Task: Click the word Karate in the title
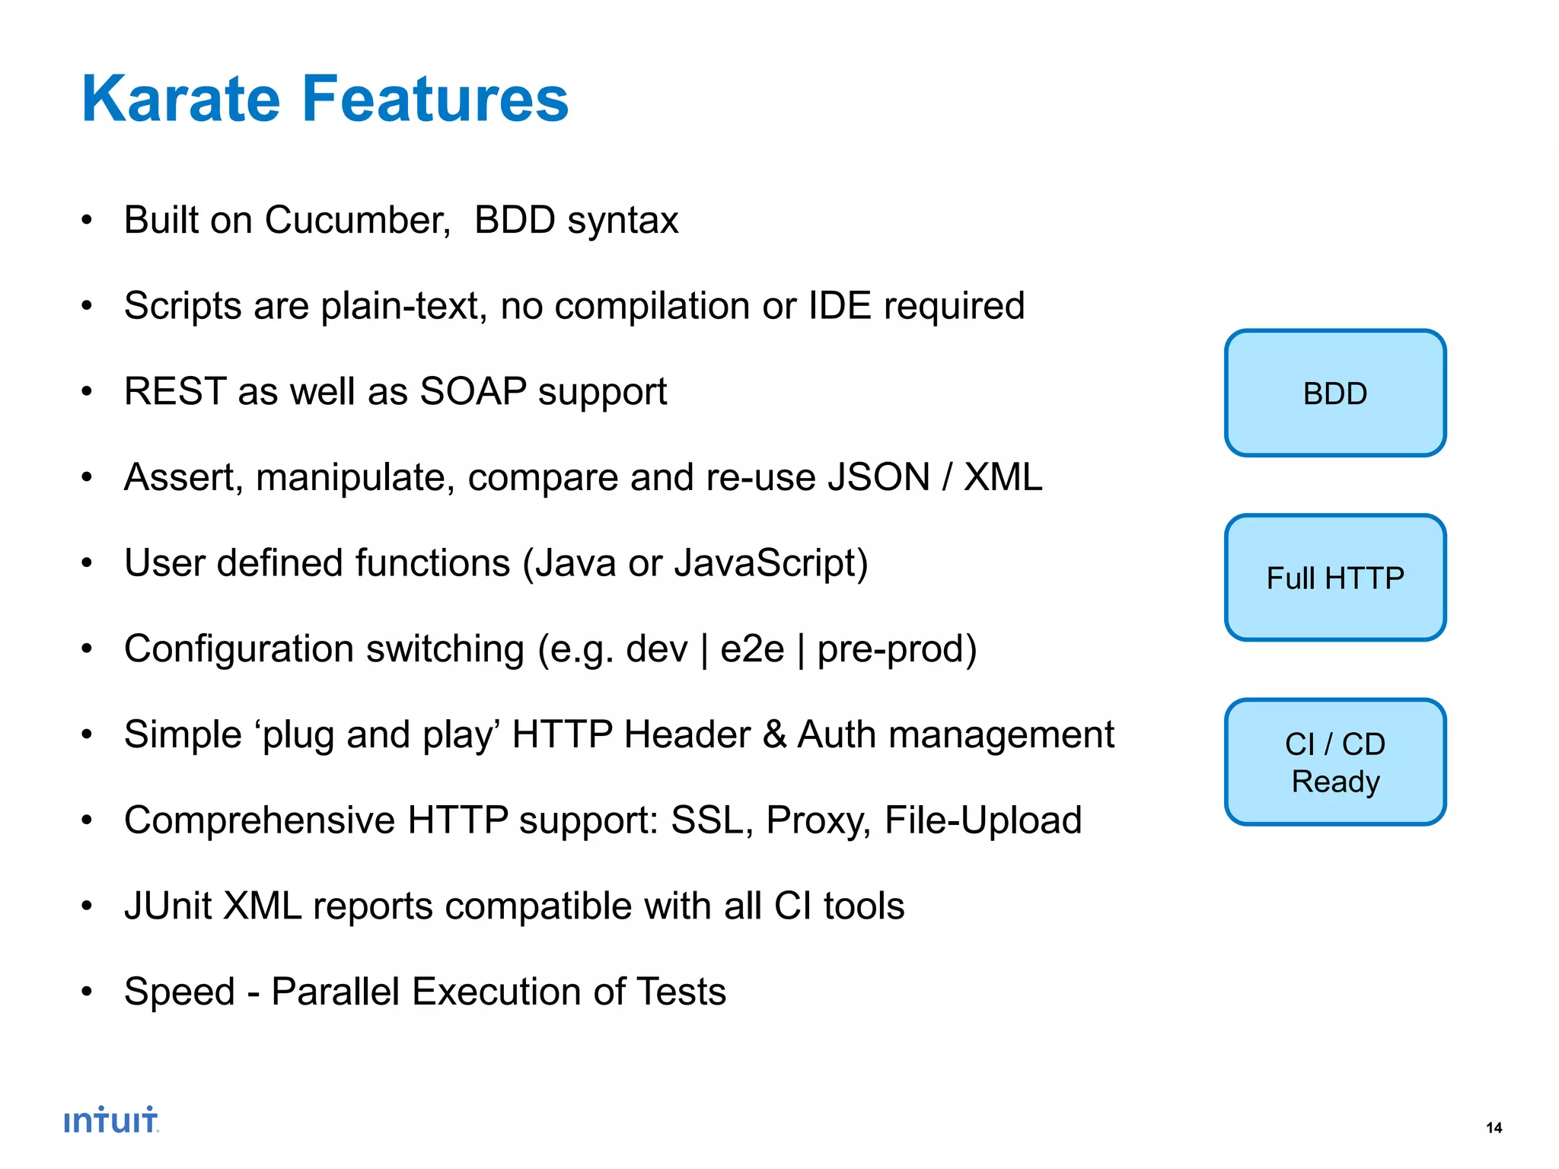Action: [x=181, y=99]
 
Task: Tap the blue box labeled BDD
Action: [x=1334, y=393]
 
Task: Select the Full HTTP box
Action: [x=1334, y=578]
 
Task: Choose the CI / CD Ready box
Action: [x=1334, y=762]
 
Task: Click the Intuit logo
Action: [x=111, y=1120]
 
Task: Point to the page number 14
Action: [x=1494, y=1128]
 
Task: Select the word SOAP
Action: [x=473, y=392]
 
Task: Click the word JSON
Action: [x=878, y=478]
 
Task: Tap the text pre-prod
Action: [x=896, y=650]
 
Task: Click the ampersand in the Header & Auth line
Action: [x=774, y=735]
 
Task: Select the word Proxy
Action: [x=817, y=821]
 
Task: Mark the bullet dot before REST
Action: [x=87, y=393]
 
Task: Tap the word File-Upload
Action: [x=983, y=821]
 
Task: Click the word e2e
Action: [x=751, y=650]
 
